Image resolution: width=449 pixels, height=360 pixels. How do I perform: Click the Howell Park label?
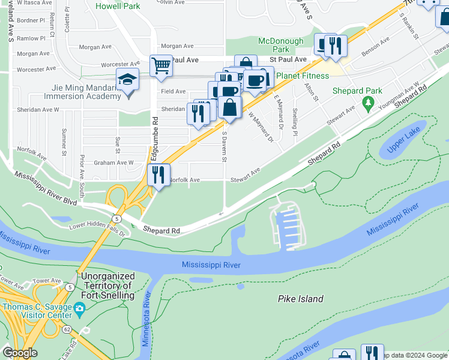(118, 6)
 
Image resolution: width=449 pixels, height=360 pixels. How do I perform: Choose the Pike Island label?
(301, 299)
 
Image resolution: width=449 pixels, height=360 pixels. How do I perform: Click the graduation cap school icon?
(127, 80)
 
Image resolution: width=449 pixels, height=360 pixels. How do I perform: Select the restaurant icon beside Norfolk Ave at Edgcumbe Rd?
(157, 175)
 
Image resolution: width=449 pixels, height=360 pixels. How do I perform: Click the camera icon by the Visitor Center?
(79, 310)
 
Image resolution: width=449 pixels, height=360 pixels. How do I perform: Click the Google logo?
(20, 353)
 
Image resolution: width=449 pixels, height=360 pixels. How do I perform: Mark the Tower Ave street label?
(47, 280)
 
